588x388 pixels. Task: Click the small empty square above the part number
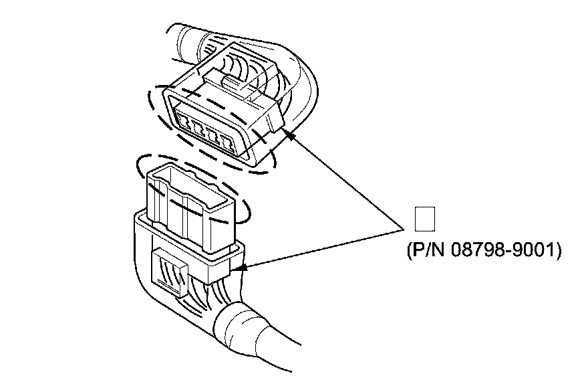pyautogui.click(x=425, y=220)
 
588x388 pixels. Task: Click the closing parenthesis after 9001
pyautogui.click(x=557, y=252)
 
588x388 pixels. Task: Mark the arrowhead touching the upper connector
pyautogui.click(x=289, y=135)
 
